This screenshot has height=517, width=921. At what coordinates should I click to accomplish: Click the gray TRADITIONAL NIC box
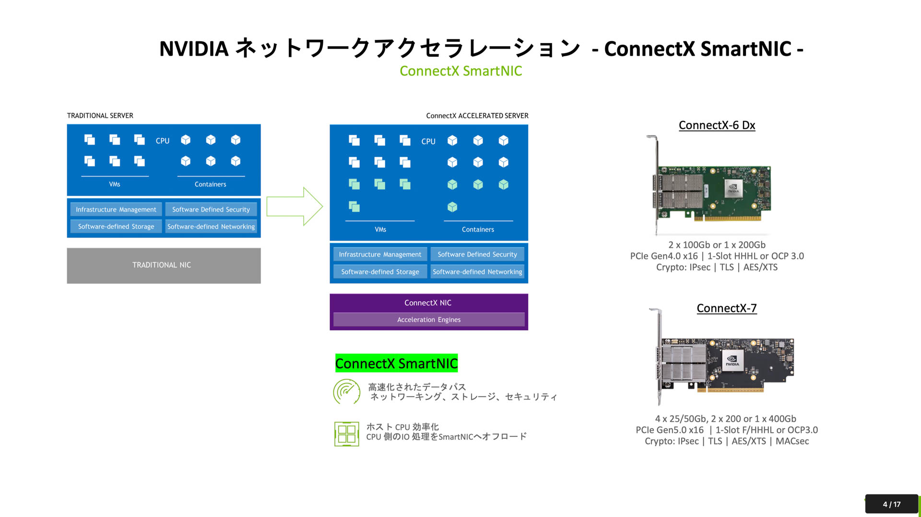(x=164, y=265)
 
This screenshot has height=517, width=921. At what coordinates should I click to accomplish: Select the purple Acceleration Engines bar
(x=429, y=320)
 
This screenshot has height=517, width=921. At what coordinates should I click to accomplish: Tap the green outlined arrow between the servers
(x=294, y=207)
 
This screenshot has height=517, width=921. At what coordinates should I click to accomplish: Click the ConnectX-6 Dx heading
(x=717, y=125)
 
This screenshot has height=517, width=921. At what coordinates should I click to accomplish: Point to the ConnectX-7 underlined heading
(x=726, y=308)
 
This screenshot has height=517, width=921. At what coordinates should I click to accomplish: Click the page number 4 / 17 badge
(x=891, y=504)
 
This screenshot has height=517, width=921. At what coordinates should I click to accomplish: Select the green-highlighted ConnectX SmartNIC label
(x=396, y=364)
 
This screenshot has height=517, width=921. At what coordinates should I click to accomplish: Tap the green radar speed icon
(x=346, y=392)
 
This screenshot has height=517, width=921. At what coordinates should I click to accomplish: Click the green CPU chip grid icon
(x=346, y=434)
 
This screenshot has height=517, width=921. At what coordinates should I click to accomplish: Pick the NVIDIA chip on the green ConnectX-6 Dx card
(x=733, y=189)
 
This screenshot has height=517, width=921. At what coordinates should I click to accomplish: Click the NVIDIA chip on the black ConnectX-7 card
(x=732, y=360)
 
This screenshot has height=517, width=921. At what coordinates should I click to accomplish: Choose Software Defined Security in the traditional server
(x=211, y=210)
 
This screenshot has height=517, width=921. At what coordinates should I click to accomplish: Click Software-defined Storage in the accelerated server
(x=380, y=272)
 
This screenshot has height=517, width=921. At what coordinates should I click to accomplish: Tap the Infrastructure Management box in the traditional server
(x=116, y=210)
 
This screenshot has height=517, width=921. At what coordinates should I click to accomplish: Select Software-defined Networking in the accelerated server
(x=477, y=272)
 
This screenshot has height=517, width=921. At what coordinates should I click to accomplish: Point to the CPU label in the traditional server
(x=163, y=141)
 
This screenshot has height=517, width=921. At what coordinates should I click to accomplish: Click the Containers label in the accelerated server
(x=478, y=230)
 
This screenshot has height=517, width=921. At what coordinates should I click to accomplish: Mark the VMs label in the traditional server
(x=115, y=184)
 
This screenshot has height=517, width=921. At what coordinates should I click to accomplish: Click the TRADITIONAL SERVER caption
(x=100, y=116)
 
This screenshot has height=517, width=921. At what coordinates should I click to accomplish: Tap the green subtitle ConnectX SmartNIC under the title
(x=460, y=71)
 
